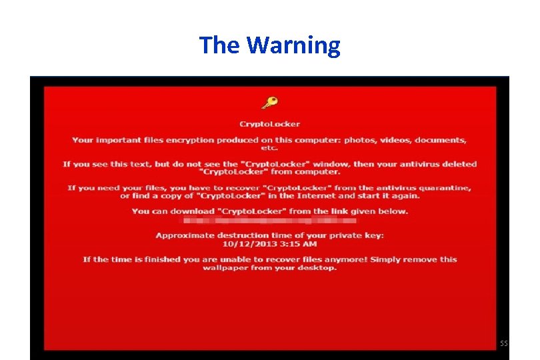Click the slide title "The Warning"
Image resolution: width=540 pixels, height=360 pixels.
269,45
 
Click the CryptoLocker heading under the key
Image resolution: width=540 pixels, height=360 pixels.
269,124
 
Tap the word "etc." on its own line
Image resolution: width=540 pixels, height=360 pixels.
269,148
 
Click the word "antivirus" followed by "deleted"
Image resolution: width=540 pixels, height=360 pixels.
423,164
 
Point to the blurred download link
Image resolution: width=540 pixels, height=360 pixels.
269,220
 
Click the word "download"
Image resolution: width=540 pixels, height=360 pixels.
192,211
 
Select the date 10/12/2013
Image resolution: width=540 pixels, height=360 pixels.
245,243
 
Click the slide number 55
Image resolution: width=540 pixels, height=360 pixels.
503,343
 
